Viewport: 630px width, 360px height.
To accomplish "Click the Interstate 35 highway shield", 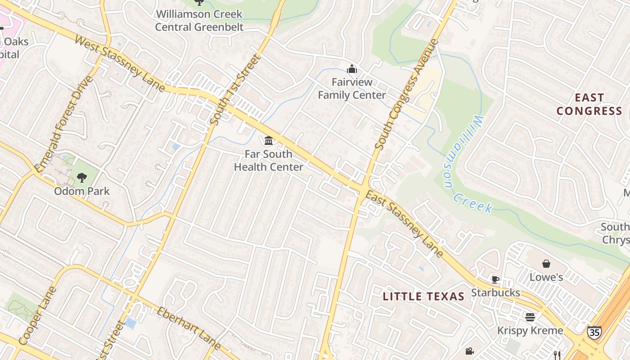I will (x=594, y=333).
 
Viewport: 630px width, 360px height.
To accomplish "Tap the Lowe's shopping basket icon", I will (x=546, y=264).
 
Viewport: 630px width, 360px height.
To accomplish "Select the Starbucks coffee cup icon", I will (x=495, y=279).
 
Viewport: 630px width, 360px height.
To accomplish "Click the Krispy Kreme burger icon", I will (x=530, y=317).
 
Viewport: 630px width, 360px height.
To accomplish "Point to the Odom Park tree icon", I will (x=81, y=178).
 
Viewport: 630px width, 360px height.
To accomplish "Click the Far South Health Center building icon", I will (x=269, y=141).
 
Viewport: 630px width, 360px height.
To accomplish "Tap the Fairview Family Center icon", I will (x=352, y=69).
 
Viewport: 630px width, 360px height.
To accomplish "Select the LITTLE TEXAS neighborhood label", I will (x=423, y=297).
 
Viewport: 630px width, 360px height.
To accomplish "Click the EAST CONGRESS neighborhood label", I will (x=589, y=104).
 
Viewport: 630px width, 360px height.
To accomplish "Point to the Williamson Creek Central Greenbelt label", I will (x=199, y=21).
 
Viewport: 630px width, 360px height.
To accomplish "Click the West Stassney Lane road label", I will (x=120, y=64).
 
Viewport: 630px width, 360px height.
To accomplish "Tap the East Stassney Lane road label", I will (x=404, y=224).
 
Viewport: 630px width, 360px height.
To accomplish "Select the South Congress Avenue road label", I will (x=406, y=94).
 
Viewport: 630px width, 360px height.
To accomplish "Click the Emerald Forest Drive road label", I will (x=63, y=124).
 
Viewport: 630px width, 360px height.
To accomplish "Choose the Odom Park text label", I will (x=82, y=191).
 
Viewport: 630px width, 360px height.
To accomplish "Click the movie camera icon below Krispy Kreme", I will (x=470, y=351).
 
